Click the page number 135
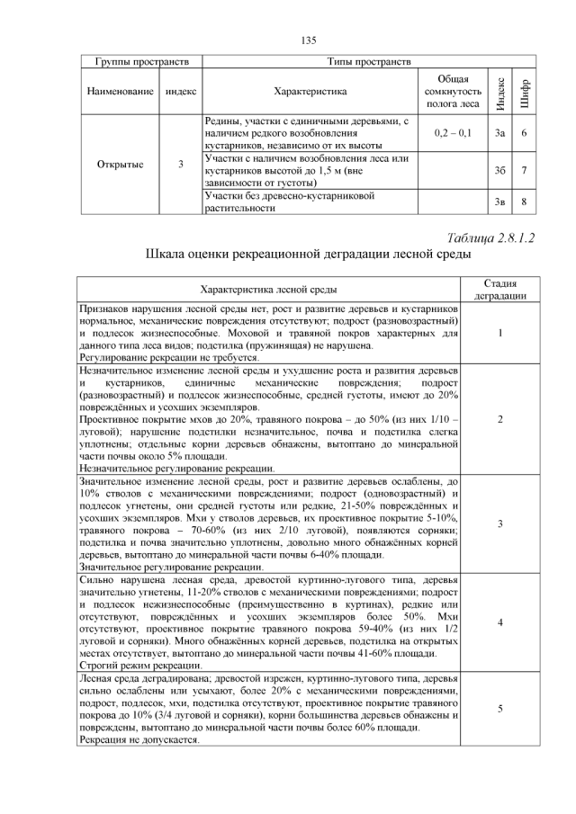pos(308,40)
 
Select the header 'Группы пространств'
pos(134,62)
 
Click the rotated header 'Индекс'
pos(500,91)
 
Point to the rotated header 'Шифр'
pos(525,91)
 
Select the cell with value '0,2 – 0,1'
pos(452,133)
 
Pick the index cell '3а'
pos(500,133)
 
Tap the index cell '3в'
pos(500,201)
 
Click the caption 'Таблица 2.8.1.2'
pos(490,237)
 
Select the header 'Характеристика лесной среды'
pos(268,290)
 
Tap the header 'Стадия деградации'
pos(499,290)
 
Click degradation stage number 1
pos(499,332)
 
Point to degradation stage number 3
pos(499,523)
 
